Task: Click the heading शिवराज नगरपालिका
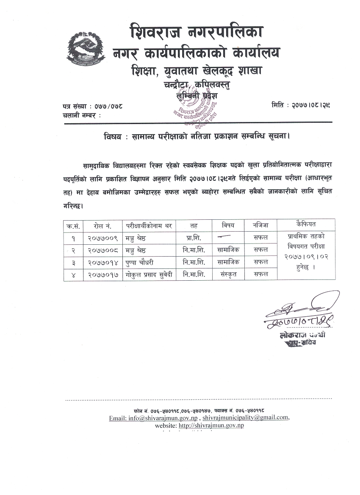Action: click(x=197, y=32)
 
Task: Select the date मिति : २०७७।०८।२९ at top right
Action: click(x=301, y=104)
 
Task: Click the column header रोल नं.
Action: click(x=103, y=225)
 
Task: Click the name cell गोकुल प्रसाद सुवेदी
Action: click(x=149, y=275)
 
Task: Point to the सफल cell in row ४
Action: click(x=260, y=275)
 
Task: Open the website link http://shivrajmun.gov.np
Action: click(x=211, y=426)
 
